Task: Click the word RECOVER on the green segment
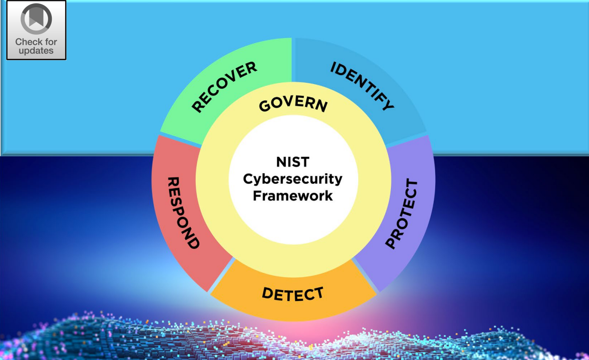(x=224, y=87)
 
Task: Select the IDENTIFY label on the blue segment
(x=362, y=86)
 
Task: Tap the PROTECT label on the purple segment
(x=401, y=213)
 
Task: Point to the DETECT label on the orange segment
(x=293, y=294)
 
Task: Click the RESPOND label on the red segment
(x=183, y=213)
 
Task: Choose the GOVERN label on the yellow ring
(x=293, y=105)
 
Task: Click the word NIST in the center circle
(x=293, y=162)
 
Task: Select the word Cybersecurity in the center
(x=293, y=179)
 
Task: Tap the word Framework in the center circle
(x=293, y=196)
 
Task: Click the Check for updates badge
(x=36, y=30)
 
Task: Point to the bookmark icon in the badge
(x=36, y=19)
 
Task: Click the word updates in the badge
(x=36, y=51)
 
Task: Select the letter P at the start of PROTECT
(x=391, y=243)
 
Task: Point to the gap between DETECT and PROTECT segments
(x=366, y=275)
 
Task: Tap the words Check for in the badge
(x=36, y=42)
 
